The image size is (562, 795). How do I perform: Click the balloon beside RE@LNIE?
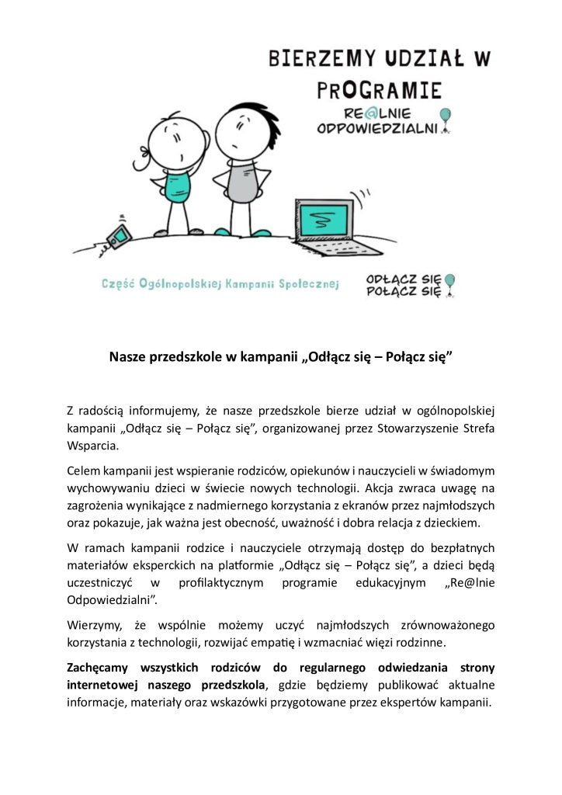coord(444,116)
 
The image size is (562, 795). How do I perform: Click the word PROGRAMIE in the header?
coord(380,89)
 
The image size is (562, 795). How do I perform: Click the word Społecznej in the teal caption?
coord(306,284)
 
